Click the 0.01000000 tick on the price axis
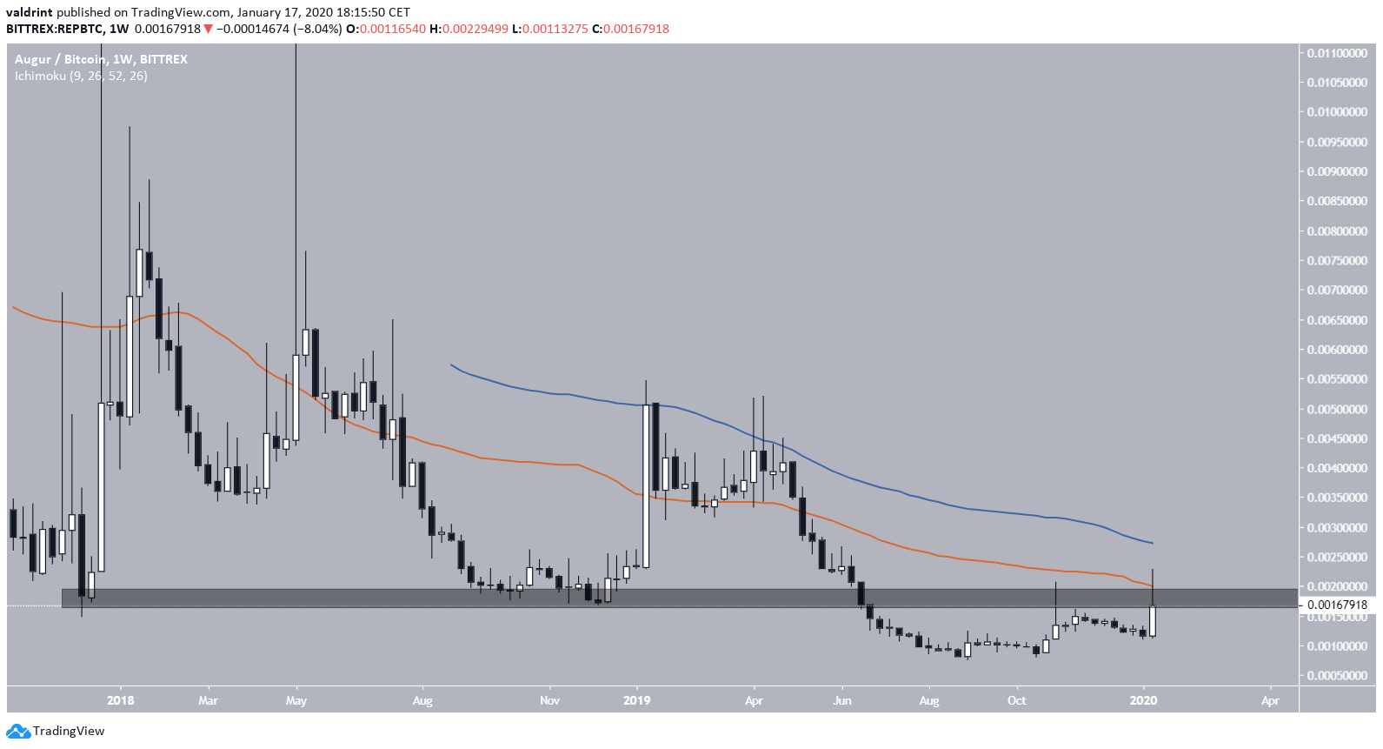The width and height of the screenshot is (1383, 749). click(1337, 112)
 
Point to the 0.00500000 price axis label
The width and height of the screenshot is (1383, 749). click(1337, 409)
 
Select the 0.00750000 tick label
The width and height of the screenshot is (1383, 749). click(1337, 261)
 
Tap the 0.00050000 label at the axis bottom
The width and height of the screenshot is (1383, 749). click(1337, 676)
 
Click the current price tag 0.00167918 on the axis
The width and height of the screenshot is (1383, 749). click(1337, 605)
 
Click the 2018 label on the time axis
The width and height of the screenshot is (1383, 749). click(121, 700)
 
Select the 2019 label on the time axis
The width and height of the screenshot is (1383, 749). click(637, 700)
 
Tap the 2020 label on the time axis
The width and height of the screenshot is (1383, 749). click(1143, 700)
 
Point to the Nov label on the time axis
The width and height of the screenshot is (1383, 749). click(549, 700)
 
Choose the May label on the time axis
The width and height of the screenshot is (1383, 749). click(296, 700)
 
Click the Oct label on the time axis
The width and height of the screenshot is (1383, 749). click(1016, 700)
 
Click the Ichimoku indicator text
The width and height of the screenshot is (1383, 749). click(81, 76)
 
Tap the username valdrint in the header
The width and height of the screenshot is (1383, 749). click(30, 12)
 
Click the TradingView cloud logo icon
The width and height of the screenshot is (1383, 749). click(18, 731)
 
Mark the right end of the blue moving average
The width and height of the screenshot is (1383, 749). click(1153, 543)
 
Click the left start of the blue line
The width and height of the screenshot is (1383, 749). click(451, 364)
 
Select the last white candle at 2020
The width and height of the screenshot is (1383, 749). click(1153, 621)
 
